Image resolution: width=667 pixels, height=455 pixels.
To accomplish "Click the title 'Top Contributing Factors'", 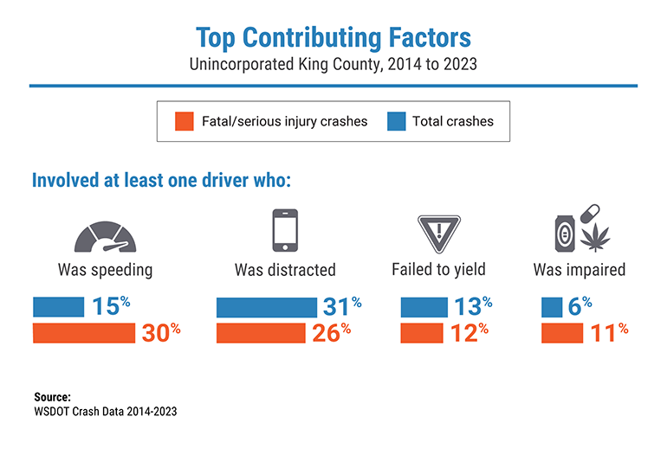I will point(333,38).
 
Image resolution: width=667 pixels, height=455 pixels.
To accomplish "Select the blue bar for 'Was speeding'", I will point(58,307).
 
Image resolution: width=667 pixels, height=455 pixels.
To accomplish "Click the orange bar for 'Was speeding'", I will point(84,333).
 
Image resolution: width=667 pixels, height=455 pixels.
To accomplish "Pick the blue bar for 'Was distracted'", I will point(267,307).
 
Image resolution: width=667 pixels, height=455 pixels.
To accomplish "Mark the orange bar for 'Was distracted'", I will point(261,333).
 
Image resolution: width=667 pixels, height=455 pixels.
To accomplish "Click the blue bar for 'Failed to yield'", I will point(424,307).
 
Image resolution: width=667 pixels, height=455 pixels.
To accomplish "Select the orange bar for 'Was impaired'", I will point(560,333).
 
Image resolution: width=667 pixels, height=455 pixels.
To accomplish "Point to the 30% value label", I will point(161,332).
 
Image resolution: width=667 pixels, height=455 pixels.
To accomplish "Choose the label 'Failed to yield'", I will point(437,270).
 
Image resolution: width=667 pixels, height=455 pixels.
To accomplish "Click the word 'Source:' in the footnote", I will point(51,397).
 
